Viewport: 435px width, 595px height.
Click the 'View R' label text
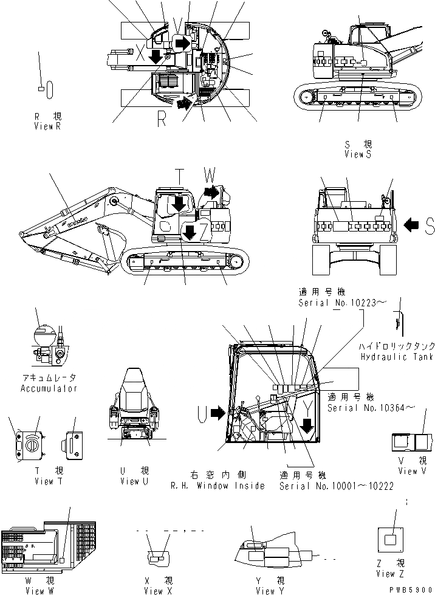pyautogui.click(x=47, y=126)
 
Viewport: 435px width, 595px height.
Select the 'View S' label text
pyautogui.click(x=358, y=154)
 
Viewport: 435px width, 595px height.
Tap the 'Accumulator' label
pyautogui.click(x=49, y=388)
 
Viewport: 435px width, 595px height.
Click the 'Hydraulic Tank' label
pyautogui.click(x=396, y=357)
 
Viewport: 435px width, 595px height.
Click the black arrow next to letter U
pyautogui.click(x=217, y=414)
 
